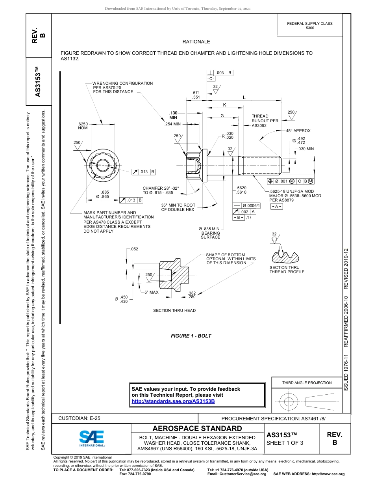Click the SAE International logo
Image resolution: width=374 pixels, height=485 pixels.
tap(91, 438)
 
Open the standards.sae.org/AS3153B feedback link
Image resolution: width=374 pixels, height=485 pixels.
tap(173, 401)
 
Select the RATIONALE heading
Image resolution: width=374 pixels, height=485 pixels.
tap(196, 42)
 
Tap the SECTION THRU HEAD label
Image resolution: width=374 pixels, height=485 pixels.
tap(174, 311)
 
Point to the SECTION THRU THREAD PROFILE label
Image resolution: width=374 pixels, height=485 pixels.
tap(287, 270)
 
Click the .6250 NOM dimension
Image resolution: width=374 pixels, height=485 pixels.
tap(83, 126)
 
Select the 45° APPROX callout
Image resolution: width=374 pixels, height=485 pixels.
tap(298, 131)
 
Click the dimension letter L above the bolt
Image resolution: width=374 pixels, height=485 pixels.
tap(244, 97)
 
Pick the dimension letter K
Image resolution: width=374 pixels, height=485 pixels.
tap(224, 105)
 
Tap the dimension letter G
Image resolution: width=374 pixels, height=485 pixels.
tap(222, 116)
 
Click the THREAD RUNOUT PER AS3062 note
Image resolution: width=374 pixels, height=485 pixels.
tap(265, 121)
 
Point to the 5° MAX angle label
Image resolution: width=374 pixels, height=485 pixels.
tap(151, 292)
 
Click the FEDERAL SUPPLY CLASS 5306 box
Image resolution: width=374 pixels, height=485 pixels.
tap(309, 26)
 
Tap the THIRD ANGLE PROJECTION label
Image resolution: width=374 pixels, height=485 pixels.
tap(307, 382)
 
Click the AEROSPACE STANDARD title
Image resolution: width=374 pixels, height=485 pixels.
tap(197, 429)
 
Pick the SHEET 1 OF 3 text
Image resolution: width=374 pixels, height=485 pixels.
tap(285, 443)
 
